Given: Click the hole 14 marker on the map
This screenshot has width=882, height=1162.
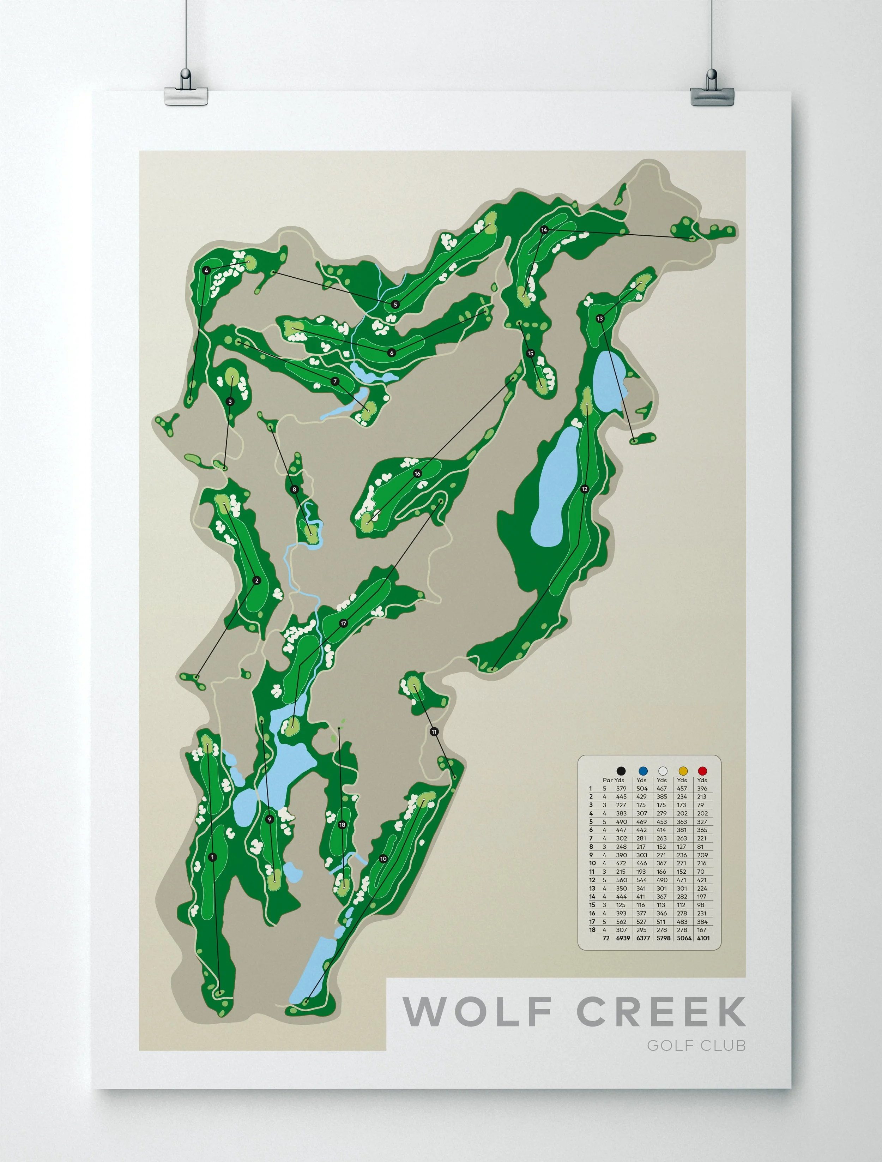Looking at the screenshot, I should pos(544,230).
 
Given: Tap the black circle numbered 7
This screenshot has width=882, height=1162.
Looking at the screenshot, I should pos(335,381).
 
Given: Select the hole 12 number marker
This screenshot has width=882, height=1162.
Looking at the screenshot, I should pos(585,489).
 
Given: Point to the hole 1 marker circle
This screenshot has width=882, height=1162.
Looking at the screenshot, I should pos(212,857).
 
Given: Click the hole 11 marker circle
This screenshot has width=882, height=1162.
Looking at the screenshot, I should pos(434,732).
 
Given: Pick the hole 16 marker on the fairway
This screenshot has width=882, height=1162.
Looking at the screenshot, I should pos(417,474).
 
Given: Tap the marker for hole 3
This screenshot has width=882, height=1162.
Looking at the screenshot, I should pos(230,402).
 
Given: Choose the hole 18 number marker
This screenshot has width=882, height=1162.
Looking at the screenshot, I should pos(342,825).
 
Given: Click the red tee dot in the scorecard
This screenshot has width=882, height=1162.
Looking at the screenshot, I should pos(702,771).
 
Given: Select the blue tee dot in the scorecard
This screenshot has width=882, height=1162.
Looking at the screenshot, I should pos(642,771).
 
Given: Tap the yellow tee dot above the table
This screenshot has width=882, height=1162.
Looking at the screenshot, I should pos(683,771).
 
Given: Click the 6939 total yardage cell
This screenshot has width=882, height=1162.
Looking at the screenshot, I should pos(623,938).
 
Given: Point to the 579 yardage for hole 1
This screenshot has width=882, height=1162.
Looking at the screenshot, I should pos(621,789).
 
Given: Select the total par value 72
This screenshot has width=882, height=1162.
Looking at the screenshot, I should pos(606,938).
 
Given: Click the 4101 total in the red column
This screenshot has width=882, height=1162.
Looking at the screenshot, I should pos(703,938).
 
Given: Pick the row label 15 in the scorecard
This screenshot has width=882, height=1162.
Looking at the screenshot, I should pos(592,905).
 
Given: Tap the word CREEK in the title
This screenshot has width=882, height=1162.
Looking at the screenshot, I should pos(661,1012).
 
